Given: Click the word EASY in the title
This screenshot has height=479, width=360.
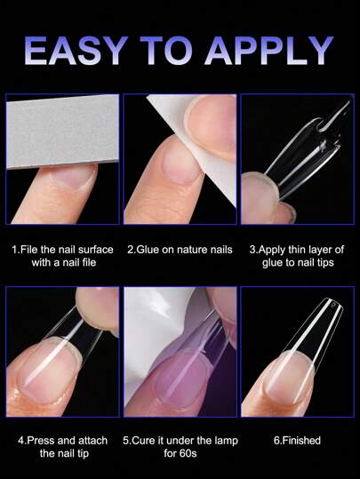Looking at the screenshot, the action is (x=76, y=51).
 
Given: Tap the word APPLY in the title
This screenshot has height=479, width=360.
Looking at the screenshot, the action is (x=270, y=51).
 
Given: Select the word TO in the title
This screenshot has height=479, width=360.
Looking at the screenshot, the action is (x=166, y=51).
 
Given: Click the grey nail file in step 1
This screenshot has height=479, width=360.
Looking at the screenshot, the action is (x=62, y=131).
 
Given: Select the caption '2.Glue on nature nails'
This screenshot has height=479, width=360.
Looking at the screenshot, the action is (x=180, y=250).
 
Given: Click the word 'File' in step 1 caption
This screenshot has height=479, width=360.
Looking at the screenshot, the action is (x=28, y=250).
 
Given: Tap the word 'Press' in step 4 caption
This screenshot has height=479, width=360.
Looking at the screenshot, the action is (x=41, y=441).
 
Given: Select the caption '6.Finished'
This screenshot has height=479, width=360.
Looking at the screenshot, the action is (x=297, y=441).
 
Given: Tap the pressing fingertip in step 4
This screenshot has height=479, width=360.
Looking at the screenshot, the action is (x=96, y=308).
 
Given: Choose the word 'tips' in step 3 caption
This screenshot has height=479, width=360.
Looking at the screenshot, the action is (x=324, y=263).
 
